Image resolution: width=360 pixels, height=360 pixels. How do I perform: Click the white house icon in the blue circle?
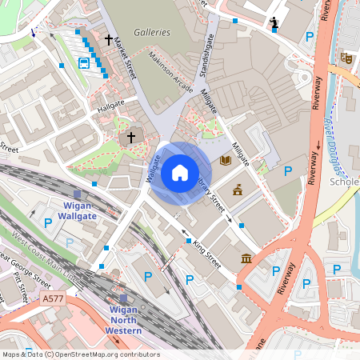pyautogui.click(x=180, y=172)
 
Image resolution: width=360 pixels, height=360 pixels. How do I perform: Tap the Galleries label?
pyautogui.click(x=152, y=32)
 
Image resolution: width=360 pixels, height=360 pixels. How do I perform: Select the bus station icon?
pyautogui.click(x=84, y=62)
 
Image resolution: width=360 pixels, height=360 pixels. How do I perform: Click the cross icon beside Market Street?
pyautogui.click(x=109, y=38)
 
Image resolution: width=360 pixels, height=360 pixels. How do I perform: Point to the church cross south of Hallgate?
pyautogui.click(x=131, y=138)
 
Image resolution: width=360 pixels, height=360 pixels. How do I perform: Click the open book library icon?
pyautogui.click(x=226, y=160)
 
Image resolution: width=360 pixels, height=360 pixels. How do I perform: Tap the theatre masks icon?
pyautogui.click(x=346, y=58)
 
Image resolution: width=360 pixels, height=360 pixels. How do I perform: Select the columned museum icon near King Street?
pyautogui.click(x=246, y=260)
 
